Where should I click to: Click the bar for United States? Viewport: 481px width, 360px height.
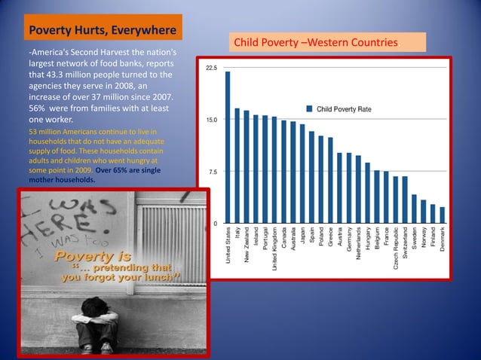click(228, 148)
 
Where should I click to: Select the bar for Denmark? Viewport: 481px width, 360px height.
click(443, 215)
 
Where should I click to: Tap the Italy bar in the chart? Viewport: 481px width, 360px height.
click(237, 166)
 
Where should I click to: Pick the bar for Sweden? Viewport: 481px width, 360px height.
click(414, 209)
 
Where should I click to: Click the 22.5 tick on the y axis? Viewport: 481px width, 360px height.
click(212, 68)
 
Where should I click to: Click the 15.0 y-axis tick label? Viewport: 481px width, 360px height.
click(213, 120)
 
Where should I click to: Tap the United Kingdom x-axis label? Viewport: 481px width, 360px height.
click(274, 250)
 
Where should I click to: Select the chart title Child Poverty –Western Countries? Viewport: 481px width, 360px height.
click(326, 41)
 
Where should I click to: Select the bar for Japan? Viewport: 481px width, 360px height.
click(302, 174)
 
